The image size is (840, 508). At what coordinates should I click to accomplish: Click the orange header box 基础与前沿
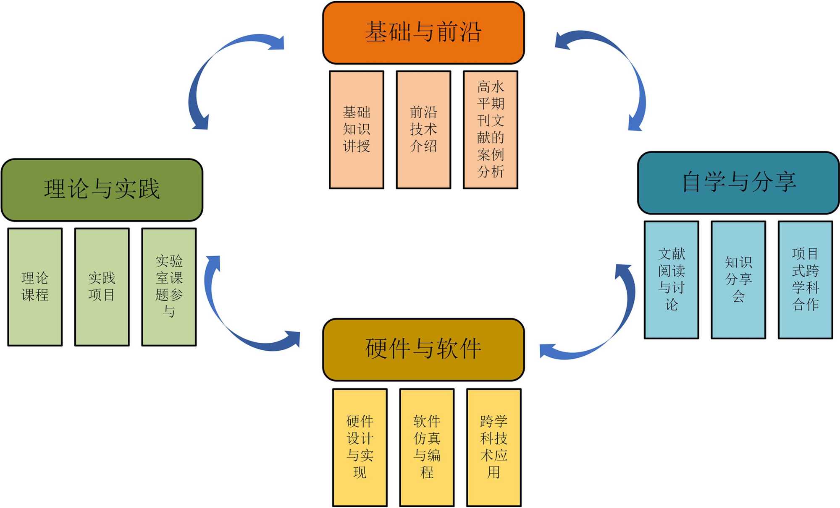click(423, 33)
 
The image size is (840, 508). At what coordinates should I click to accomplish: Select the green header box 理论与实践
click(102, 190)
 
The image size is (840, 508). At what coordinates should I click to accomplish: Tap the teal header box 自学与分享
click(738, 183)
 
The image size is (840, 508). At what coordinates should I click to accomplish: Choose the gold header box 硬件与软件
click(423, 349)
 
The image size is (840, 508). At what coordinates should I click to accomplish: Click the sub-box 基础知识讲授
click(357, 130)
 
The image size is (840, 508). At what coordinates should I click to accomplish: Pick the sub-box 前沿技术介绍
click(423, 130)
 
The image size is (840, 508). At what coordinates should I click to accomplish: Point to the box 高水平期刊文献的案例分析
click(491, 130)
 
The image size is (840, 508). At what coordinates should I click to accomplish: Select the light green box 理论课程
click(35, 287)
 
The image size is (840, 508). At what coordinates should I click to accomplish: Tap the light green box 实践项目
click(102, 287)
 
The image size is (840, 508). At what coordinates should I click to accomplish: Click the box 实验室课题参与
click(169, 287)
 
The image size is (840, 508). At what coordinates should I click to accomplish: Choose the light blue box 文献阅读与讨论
click(672, 280)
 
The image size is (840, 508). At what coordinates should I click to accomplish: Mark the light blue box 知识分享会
click(738, 280)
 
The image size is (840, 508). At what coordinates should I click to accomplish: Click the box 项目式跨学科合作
click(806, 280)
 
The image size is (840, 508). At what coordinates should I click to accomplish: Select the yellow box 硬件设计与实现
click(360, 448)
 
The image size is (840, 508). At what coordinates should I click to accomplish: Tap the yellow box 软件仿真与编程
click(427, 448)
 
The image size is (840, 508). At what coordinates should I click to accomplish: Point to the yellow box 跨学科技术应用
click(494, 448)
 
